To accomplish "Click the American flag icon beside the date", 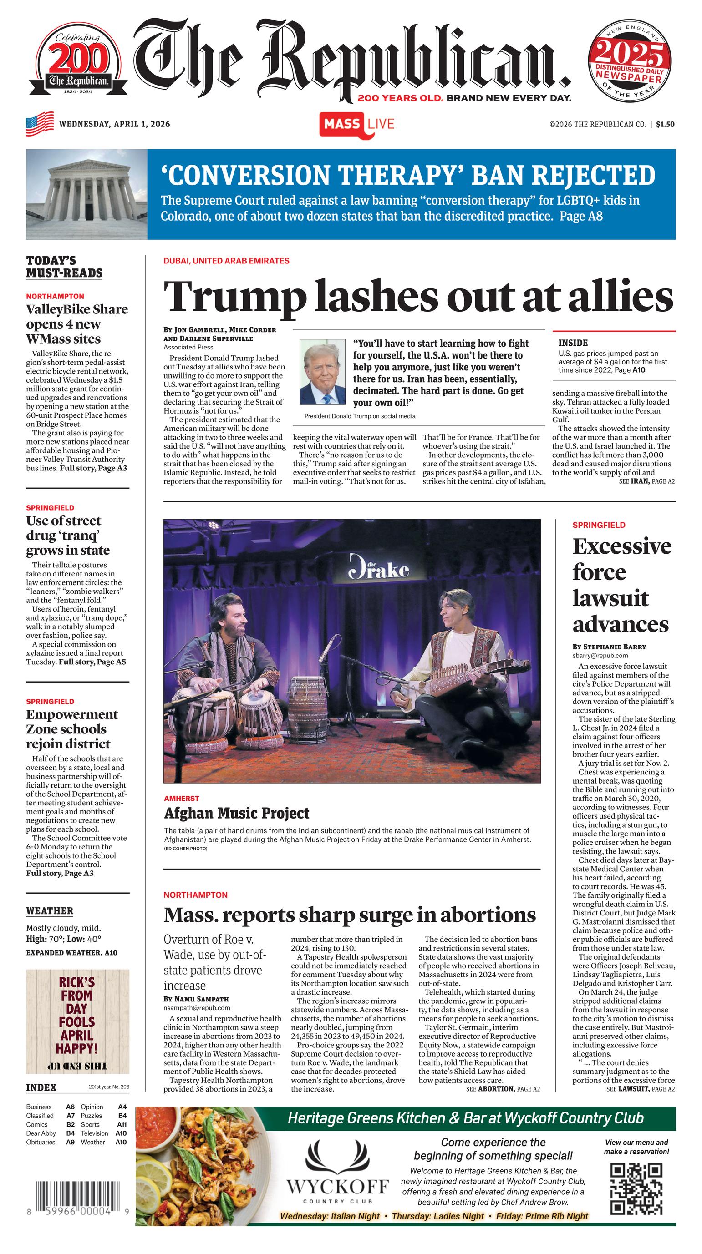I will [x=40, y=124].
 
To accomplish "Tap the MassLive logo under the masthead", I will [x=356, y=124].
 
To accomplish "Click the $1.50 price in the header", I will [x=665, y=124].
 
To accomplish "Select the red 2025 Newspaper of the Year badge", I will [x=630, y=64].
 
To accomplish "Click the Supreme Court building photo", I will [x=86, y=194].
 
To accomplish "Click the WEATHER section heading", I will [x=50, y=911].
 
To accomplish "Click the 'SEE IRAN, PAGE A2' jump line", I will [x=646, y=481].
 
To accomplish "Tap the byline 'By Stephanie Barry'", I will [x=609, y=647].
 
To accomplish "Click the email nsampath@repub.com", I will [x=196, y=1008].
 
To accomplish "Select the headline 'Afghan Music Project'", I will [x=237, y=813].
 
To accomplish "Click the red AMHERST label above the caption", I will [x=181, y=799].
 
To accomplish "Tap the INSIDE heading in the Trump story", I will [x=573, y=343].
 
